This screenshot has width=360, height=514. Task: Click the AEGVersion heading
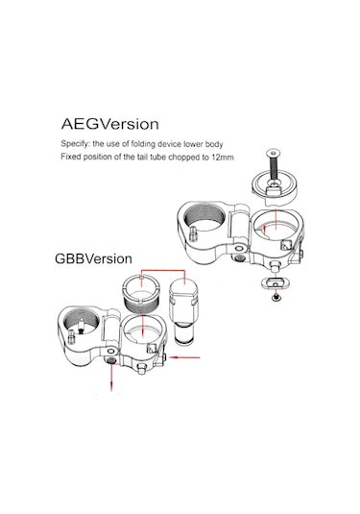coord(110,124)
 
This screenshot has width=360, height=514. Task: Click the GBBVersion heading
coord(93,259)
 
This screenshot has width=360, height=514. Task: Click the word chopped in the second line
coord(182,158)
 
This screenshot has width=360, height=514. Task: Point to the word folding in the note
coord(143,144)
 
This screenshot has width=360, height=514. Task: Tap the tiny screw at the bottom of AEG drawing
coord(276,297)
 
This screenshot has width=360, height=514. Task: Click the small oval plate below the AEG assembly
coord(275,281)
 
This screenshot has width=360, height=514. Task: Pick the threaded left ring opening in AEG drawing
coord(204,217)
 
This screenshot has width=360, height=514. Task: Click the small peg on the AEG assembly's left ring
coord(193,233)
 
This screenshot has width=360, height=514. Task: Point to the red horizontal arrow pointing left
coord(184,357)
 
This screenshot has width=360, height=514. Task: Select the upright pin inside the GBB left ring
coord(81,327)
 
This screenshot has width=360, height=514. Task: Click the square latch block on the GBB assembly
coord(152,348)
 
